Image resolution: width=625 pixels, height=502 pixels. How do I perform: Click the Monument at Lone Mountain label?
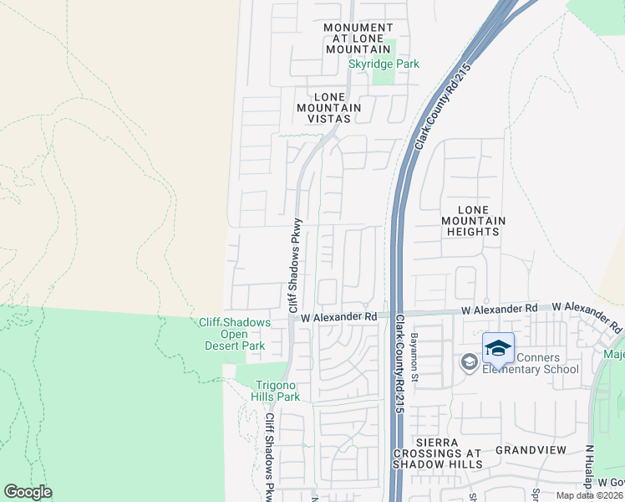click(x=358, y=39)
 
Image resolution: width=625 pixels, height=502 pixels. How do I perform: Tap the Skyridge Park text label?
click(x=384, y=64)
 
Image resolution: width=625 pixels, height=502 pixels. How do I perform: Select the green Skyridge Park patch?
click(x=383, y=76)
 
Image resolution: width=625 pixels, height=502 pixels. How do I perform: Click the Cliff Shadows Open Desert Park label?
click(x=235, y=335)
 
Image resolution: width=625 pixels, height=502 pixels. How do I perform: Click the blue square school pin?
click(x=498, y=348)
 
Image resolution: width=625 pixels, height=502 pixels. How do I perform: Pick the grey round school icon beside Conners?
click(x=469, y=362)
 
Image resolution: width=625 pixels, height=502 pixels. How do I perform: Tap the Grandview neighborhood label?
click(x=531, y=450)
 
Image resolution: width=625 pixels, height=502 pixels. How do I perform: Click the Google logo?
click(x=28, y=492)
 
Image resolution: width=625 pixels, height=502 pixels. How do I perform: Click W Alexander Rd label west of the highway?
click(x=339, y=318)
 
